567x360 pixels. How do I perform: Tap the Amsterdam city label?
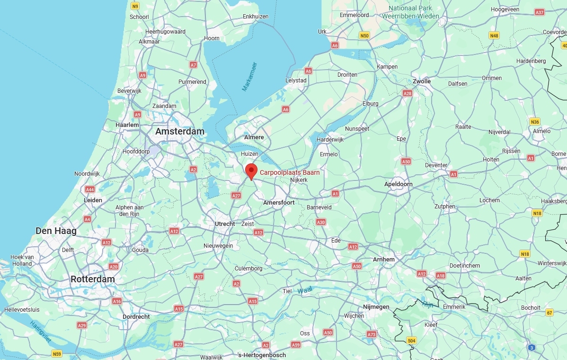tap(180, 131)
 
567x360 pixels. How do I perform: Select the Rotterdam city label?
tap(93, 279)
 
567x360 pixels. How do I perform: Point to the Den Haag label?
tap(56, 231)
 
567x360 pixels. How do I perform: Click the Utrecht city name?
tap(225, 224)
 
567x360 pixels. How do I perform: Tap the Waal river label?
tap(305, 290)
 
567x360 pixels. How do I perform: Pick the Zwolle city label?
tap(422, 81)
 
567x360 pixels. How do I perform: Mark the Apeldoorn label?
tap(398, 184)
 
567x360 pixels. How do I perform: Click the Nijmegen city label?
tap(376, 306)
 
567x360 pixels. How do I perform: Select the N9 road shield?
tap(135, 6)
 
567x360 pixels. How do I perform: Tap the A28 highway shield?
tap(408, 93)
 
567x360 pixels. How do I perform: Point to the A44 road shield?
tap(89, 189)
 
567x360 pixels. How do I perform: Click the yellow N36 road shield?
tap(535, 121)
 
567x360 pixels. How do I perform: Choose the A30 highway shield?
tap(321, 222)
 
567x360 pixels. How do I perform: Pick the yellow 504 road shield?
tap(411, 341)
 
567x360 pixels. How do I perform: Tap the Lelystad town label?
tap(296, 80)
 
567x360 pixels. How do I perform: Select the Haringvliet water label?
tap(40, 332)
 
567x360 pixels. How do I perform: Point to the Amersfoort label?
tap(279, 202)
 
